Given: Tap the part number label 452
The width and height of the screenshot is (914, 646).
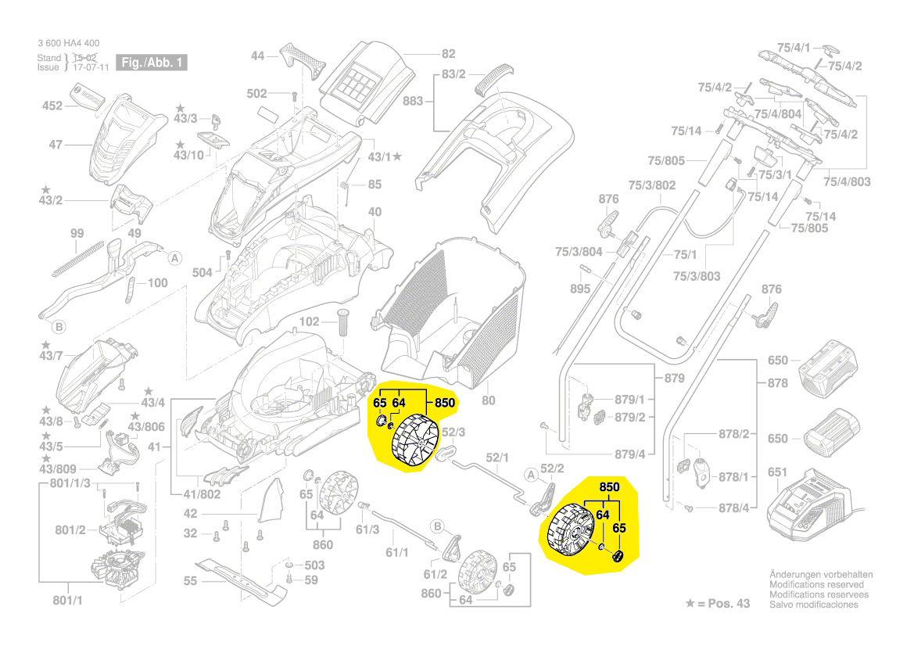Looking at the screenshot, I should (x=52, y=106).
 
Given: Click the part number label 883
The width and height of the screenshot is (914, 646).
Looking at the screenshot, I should (x=413, y=102).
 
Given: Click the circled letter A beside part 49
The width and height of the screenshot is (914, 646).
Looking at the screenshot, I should (x=175, y=257).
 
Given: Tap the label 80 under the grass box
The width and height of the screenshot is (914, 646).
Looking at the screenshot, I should (x=489, y=401).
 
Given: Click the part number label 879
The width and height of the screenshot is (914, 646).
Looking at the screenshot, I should (x=674, y=379).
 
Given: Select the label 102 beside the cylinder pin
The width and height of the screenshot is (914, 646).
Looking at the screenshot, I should (x=310, y=321).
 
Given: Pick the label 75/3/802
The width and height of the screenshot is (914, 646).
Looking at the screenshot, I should (x=652, y=185).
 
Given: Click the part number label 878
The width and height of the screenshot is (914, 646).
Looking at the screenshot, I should (x=777, y=383).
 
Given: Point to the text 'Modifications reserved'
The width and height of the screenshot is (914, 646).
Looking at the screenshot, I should (x=816, y=584).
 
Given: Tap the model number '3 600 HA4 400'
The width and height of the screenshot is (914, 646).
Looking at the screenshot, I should (x=68, y=43).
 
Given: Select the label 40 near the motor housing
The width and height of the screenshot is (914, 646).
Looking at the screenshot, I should (x=375, y=212).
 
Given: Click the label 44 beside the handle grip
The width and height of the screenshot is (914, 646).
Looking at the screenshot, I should (x=258, y=56).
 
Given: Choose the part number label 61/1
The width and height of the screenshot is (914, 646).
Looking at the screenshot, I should (x=398, y=553).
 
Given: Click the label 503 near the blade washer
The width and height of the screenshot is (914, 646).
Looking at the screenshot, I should (x=314, y=565).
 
